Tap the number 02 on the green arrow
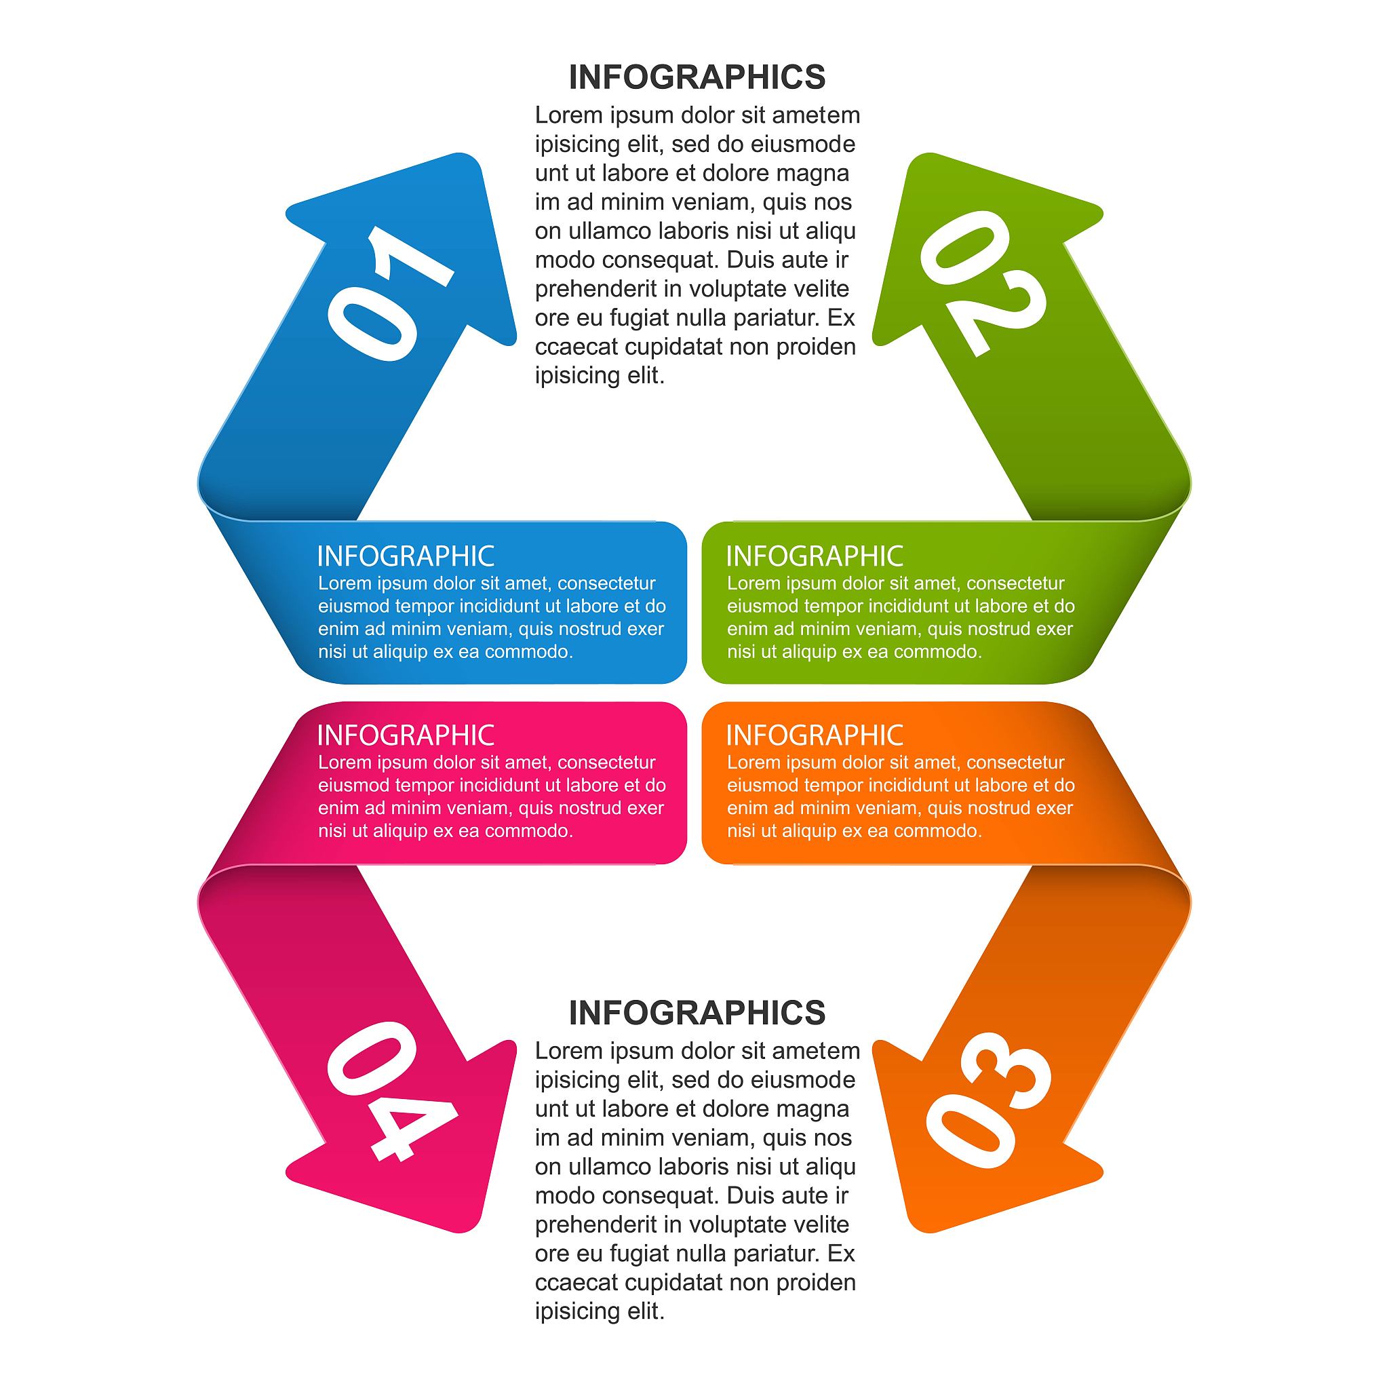pyautogui.click(x=982, y=283)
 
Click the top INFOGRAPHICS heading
pyautogui.click(x=697, y=77)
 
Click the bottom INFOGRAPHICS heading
pyautogui.click(x=697, y=1013)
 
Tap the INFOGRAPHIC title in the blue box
pyautogui.click(x=406, y=556)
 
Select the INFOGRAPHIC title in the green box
pyautogui.click(x=814, y=556)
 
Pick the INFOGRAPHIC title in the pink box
pyautogui.click(x=406, y=735)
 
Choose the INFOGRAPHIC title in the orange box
pyautogui.click(x=814, y=735)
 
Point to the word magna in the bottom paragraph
pyautogui.click(x=815, y=1109)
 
